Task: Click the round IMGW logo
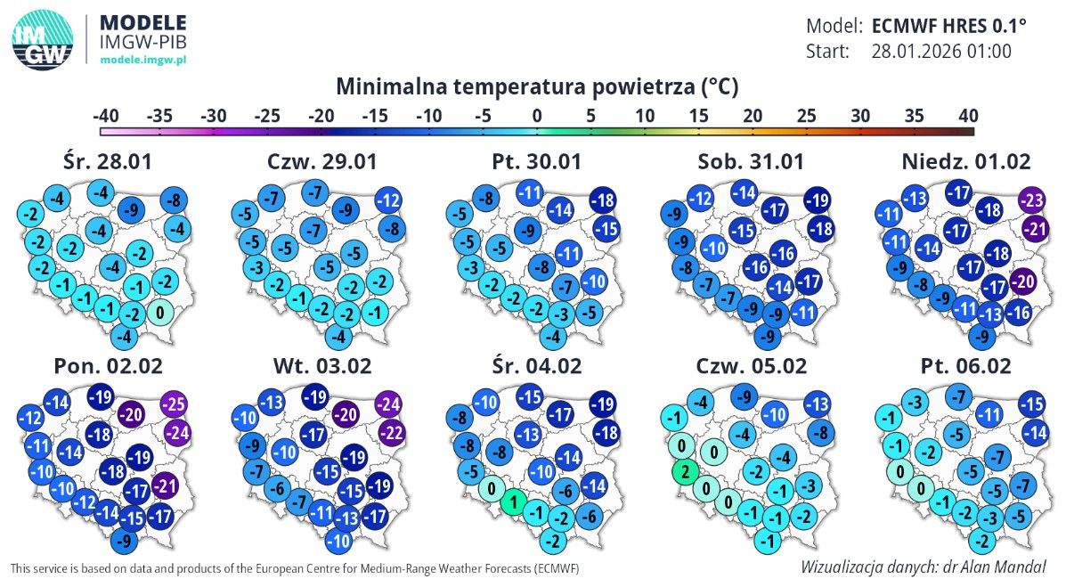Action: [x=42, y=40]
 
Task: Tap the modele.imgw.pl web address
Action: [x=143, y=60]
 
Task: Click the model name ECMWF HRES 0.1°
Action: [x=949, y=26]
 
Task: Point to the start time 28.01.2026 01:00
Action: [x=941, y=51]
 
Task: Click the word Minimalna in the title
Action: [x=391, y=86]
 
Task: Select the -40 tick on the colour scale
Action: [x=105, y=116]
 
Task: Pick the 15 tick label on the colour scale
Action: [x=698, y=116]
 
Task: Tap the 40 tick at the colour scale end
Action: [x=968, y=116]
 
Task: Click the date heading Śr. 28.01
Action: [x=108, y=161]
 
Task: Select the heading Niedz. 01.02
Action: [x=966, y=161]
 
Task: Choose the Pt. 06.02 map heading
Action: [x=966, y=366]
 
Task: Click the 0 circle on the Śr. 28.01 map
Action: [x=159, y=313]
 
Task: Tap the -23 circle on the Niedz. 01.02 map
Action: [x=1031, y=200]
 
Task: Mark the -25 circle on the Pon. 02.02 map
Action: [x=174, y=404]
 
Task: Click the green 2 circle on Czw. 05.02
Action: [x=686, y=471]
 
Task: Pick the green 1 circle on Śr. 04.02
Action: [x=514, y=502]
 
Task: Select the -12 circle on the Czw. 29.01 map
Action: [x=388, y=200]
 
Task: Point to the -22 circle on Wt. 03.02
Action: [x=392, y=433]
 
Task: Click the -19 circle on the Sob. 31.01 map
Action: [x=817, y=200]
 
